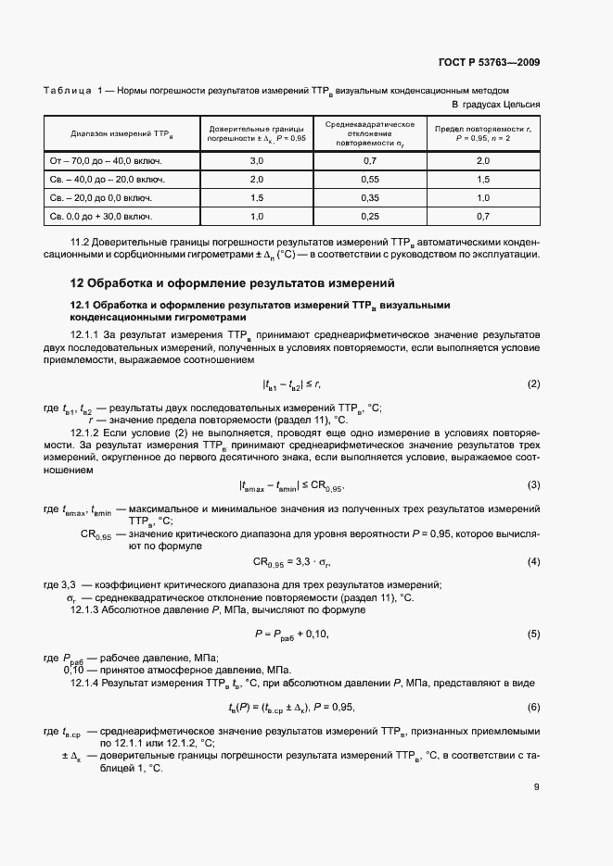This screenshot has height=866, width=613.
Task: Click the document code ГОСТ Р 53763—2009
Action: point(490,63)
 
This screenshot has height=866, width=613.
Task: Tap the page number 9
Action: point(537,788)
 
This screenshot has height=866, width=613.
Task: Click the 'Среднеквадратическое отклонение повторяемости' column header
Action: point(369,132)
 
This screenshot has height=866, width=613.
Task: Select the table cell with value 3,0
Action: point(257,160)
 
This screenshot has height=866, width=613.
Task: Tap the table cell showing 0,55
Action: point(369,179)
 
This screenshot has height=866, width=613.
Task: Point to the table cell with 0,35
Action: point(369,197)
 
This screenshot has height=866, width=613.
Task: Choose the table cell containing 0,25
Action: point(369,216)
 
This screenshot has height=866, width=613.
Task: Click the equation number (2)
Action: point(533,383)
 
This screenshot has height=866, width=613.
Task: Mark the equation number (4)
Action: point(533,561)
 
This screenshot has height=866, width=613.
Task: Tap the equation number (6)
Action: point(533,707)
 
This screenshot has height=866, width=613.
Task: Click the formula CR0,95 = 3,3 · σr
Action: point(292,562)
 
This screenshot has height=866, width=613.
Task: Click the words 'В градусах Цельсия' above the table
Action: point(496,104)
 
